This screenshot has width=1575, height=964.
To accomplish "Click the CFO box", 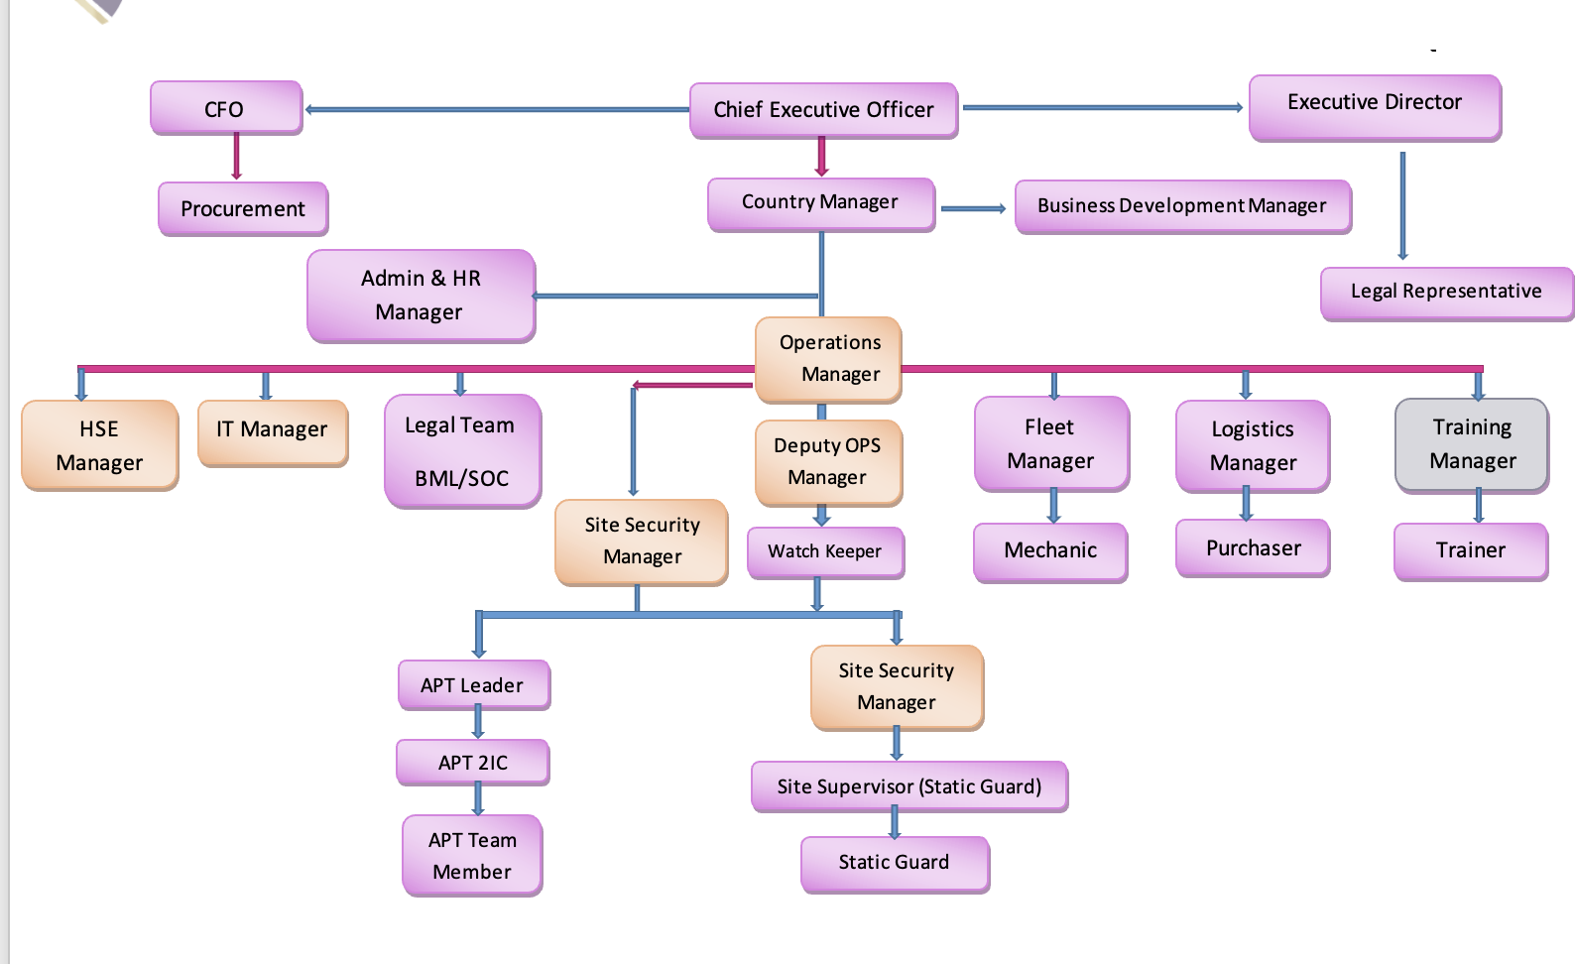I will click(225, 108).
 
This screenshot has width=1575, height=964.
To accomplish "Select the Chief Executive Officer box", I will click(823, 110).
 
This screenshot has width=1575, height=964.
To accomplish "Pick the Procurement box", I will click(243, 208).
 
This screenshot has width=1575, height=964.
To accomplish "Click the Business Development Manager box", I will click(1182, 206).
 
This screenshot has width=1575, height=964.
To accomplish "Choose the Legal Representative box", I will click(1445, 293).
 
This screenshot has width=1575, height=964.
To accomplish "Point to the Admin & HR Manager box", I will click(421, 296).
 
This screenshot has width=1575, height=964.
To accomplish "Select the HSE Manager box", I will click(99, 445).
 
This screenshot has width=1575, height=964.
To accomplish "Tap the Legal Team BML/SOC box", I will click(461, 451).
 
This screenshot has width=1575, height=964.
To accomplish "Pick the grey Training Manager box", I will click(1472, 444).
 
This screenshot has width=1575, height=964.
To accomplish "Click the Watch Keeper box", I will click(824, 551).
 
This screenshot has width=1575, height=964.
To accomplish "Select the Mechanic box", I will click(1050, 551).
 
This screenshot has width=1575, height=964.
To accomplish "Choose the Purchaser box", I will click(1253, 548).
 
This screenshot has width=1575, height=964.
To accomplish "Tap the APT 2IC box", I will click(473, 763).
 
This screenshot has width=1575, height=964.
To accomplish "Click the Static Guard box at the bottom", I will click(894, 863).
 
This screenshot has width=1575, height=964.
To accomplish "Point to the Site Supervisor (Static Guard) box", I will click(909, 786).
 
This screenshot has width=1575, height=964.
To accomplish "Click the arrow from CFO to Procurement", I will click(236, 157).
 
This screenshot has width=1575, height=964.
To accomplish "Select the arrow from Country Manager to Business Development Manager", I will click(973, 209).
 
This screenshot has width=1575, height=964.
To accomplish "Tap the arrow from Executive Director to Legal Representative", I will click(1402, 206).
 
